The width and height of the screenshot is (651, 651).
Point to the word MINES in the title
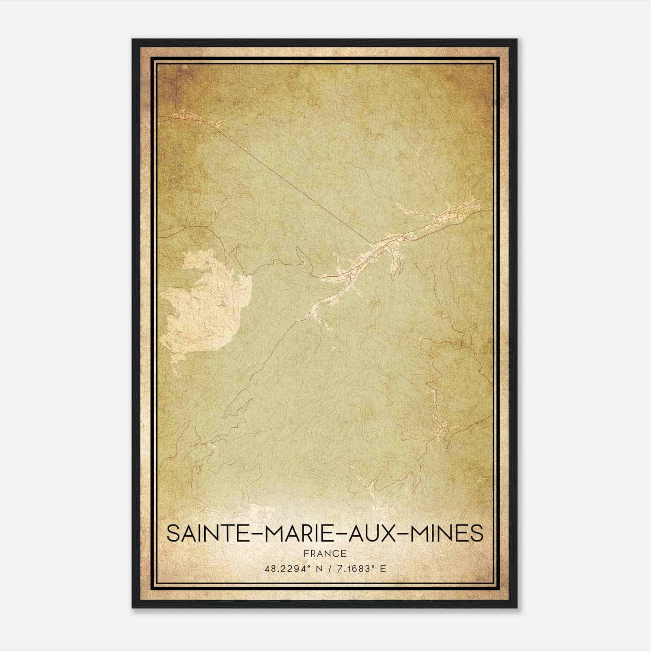(x=446, y=533)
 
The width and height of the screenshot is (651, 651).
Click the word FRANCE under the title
(x=325, y=553)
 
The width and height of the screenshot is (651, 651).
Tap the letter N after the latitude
(x=319, y=569)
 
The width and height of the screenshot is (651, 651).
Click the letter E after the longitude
(x=382, y=569)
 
